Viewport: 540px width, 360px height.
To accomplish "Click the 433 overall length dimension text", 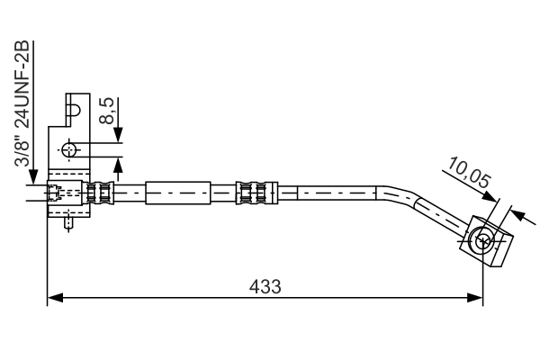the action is pos(265,286).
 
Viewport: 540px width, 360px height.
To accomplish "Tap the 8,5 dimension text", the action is pos(106,111).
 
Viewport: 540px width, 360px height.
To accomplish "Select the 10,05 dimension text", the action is pos(469,172).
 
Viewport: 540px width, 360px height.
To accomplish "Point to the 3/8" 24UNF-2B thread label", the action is pos(22,103).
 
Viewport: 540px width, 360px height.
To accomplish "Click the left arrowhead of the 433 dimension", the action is pos(55,298).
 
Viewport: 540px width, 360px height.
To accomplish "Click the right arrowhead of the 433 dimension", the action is pos(475,298).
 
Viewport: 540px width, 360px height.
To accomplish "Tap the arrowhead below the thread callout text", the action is pos(33,176).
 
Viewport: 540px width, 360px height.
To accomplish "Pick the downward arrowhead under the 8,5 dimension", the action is pos(118,134).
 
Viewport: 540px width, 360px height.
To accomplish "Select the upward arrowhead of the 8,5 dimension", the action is pos(118,166).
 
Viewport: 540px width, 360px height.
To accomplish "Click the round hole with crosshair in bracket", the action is pos(69,150).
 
